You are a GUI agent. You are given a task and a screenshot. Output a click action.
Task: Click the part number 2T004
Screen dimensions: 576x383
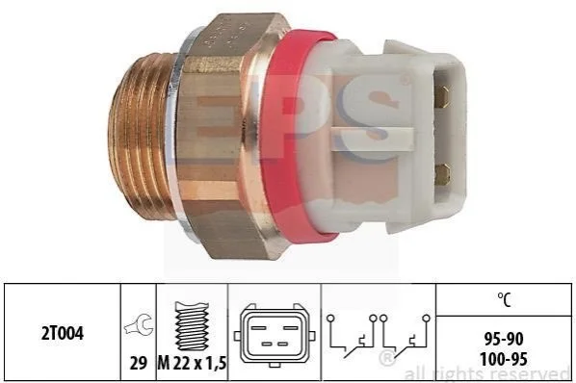[x=63, y=334]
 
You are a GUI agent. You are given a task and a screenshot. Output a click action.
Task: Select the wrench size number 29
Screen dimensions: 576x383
[x=139, y=363]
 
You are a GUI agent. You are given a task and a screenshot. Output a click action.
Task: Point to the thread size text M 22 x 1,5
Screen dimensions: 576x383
[x=192, y=363]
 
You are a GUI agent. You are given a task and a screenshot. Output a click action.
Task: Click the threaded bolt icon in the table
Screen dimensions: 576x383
[x=192, y=326]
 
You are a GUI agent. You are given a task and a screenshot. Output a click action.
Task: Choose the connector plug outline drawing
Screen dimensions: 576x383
[x=275, y=335]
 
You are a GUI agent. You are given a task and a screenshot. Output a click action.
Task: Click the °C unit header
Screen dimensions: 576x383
[x=504, y=299]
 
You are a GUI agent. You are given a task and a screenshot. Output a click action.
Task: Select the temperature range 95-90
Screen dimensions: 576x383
[x=503, y=340]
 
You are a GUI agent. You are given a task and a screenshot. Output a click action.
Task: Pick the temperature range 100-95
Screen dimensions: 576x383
[x=503, y=358]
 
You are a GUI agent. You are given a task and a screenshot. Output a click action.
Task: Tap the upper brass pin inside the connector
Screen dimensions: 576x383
[x=442, y=96]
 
